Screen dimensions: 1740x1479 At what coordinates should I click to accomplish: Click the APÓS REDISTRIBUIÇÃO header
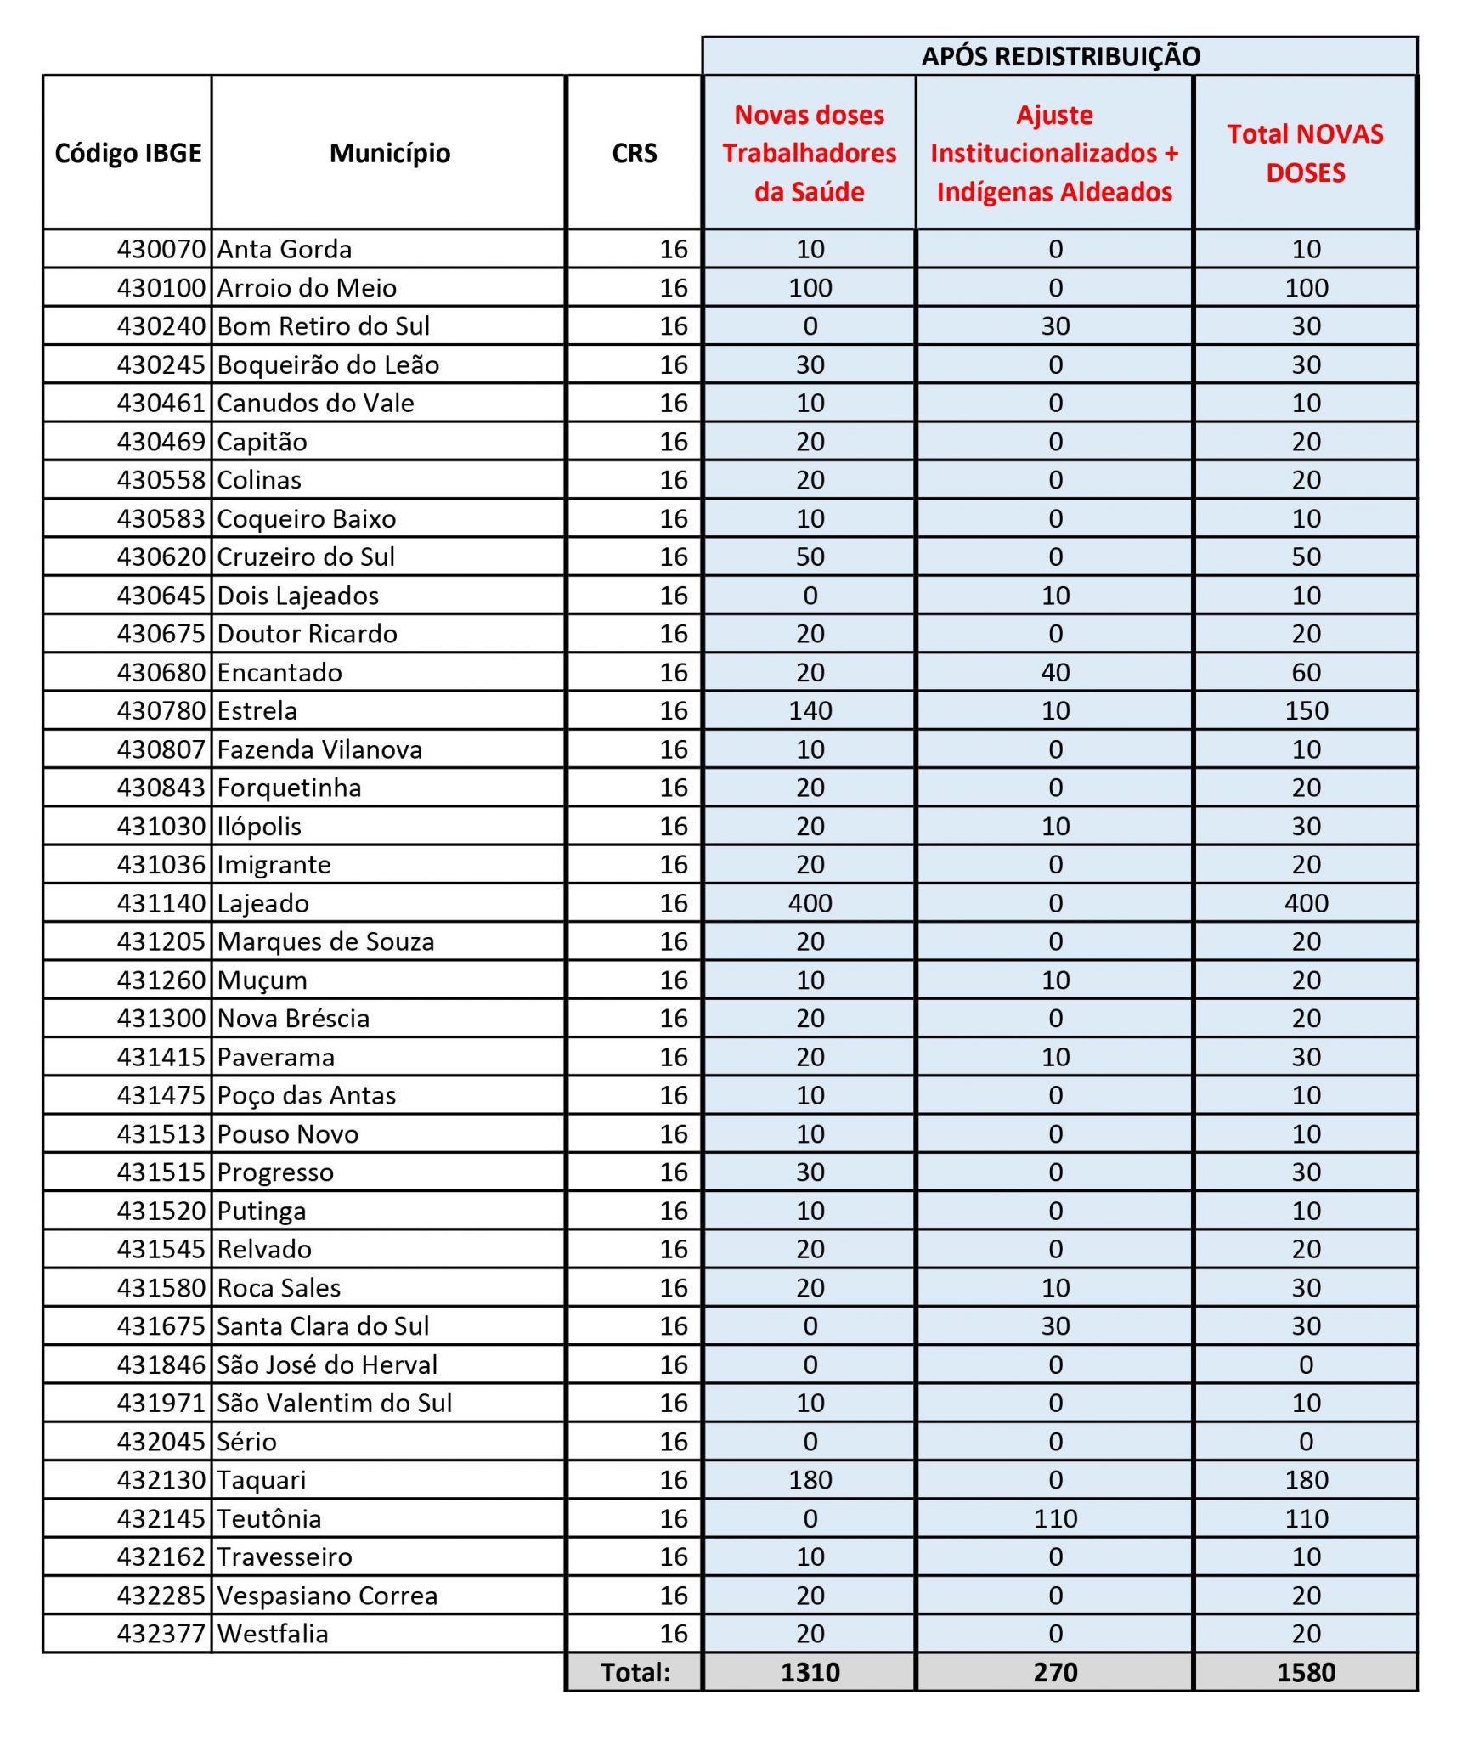(1059, 57)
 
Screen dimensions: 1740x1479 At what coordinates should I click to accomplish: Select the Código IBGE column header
(128, 153)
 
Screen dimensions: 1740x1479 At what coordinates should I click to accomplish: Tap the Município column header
(390, 153)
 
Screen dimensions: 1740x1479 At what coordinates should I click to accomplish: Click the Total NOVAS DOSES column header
(1305, 153)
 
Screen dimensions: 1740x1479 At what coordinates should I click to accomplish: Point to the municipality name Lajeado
(263, 903)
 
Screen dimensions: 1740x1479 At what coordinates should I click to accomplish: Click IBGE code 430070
(161, 249)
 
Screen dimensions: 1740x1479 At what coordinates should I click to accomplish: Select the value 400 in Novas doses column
(810, 903)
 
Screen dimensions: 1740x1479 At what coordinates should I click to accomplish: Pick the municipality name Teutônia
(269, 1518)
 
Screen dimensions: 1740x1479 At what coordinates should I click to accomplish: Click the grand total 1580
(1306, 1672)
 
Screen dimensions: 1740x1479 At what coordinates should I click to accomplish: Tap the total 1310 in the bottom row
(810, 1672)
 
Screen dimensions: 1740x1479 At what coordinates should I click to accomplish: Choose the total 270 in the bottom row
(1055, 1672)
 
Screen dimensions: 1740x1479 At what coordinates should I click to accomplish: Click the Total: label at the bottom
(635, 1672)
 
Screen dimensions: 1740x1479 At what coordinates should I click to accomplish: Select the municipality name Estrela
(257, 710)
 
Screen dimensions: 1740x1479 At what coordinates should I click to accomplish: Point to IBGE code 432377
(161, 1633)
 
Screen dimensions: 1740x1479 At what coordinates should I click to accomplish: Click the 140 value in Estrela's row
(810, 710)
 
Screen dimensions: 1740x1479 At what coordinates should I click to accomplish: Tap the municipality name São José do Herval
(327, 1364)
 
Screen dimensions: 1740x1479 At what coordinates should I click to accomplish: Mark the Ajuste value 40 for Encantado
(1055, 672)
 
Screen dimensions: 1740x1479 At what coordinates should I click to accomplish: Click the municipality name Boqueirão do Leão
(328, 364)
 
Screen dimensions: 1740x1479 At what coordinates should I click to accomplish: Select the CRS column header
(635, 153)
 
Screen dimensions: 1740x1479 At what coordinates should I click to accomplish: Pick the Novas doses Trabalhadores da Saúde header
(810, 153)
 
